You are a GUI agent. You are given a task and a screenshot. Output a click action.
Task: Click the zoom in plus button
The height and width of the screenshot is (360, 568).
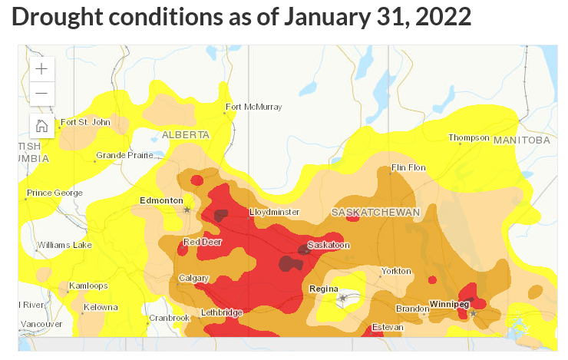click(x=41, y=68)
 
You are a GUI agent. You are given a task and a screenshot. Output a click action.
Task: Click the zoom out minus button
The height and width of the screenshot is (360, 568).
click(x=41, y=94)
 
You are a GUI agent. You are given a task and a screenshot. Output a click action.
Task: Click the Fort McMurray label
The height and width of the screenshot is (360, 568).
click(x=254, y=107)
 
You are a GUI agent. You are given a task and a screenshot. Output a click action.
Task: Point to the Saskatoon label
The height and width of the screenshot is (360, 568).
click(x=329, y=245)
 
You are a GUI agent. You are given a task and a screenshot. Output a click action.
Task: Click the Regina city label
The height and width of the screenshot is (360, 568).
click(x=323, y=289)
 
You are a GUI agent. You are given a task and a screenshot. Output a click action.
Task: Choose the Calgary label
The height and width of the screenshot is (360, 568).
click(x=193, y=278)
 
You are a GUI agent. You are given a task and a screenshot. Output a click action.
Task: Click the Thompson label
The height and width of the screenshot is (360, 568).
click(x=469, y=137)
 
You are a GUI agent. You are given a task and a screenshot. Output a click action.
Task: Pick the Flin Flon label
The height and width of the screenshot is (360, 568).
click(x=408, y=167)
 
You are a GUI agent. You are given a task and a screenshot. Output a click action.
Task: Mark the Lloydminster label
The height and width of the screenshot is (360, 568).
click(x=274, y=212)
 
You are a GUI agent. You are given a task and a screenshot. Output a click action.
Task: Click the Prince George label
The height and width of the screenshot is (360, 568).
click(x=54, y=193)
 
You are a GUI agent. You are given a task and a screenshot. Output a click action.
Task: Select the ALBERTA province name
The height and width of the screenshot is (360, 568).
click(x=185, y=134)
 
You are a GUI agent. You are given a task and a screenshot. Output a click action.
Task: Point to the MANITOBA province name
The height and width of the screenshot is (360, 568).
click(x=522, y=140)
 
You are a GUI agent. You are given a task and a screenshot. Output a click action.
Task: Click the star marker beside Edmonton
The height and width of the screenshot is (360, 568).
click(x=187, y=209)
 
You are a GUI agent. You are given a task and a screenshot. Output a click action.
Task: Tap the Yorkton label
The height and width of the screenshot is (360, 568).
click(x=397, y=271)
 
